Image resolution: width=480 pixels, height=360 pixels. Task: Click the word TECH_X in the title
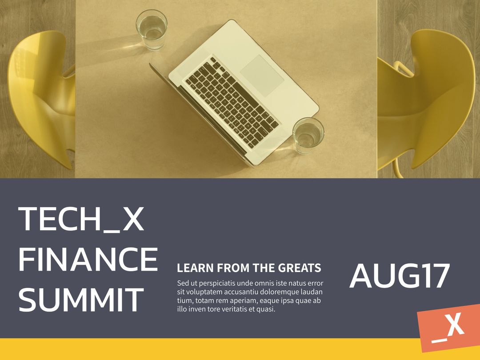pyautogui.click(x=81, y=219)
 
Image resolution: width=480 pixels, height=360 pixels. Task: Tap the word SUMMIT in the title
pyautogui.click(x=81, y=300)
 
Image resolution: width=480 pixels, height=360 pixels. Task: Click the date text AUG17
pyautogui.click(x=400, y=276)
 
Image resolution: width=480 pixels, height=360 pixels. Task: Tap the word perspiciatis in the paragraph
pyautogui.click(x=213, y=283)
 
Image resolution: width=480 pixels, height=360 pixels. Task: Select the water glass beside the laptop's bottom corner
pyautogui.click(x=308, y=135)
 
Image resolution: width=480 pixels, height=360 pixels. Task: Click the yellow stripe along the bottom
pyautogui.click(x=209, y=349)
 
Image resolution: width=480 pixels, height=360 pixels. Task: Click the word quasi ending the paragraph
pyautogui.click(x=266, y=309)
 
